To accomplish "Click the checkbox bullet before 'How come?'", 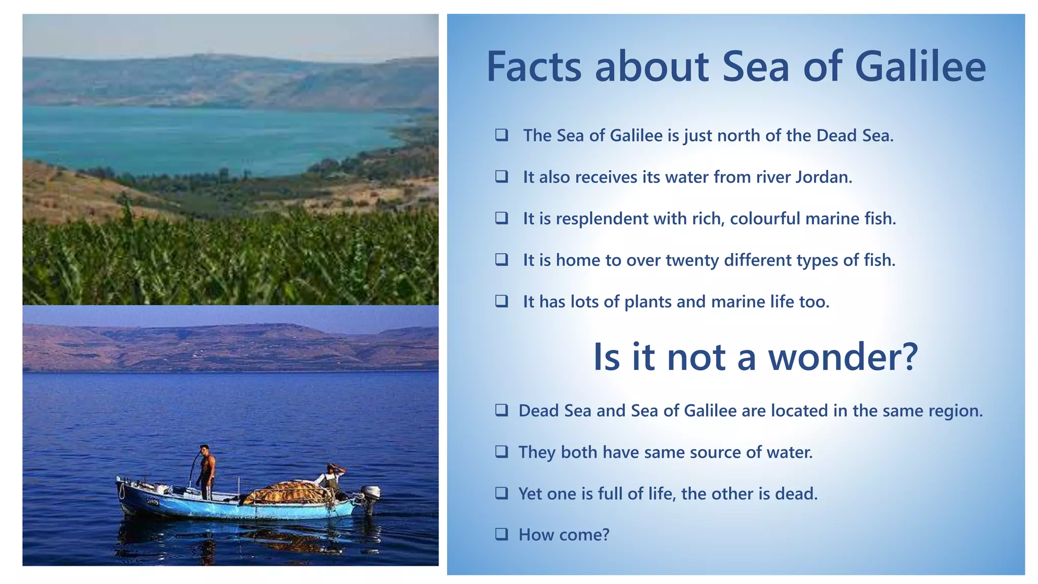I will tap(501, 534).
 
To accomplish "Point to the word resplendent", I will tap(602, 219).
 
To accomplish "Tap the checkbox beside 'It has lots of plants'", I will tap(501, 301).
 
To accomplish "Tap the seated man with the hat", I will tap(331, 477).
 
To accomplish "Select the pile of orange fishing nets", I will tap(286, 493).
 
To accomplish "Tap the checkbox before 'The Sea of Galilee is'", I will tap(501, 135).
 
